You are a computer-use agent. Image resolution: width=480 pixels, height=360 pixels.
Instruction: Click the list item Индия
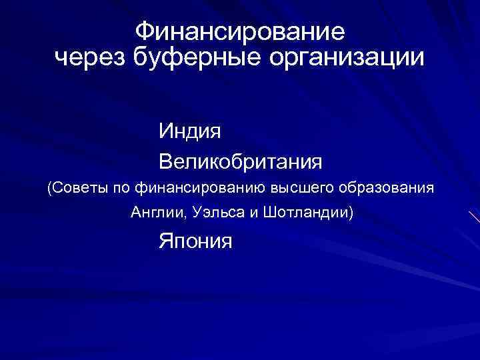click(190, 131)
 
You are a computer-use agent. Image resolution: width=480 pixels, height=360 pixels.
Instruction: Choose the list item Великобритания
click(241, 161)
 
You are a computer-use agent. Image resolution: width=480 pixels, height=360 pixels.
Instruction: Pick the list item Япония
click(195, 240)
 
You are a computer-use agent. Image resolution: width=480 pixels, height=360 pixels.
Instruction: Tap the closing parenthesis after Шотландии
click(351, 214)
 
